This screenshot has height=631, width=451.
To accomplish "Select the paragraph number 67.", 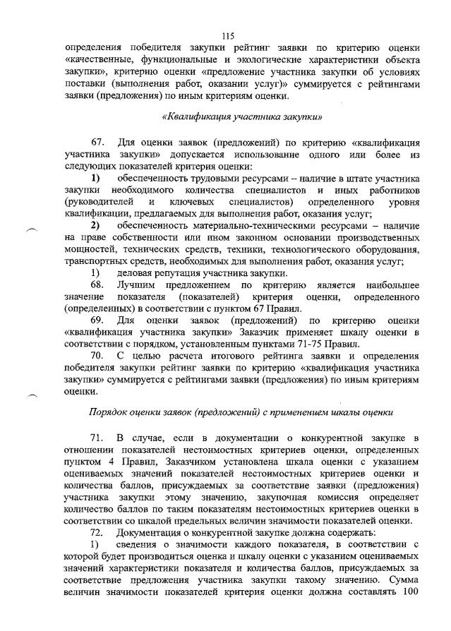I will coord(100,143).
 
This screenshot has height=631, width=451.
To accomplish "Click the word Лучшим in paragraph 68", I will coord(138,285).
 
